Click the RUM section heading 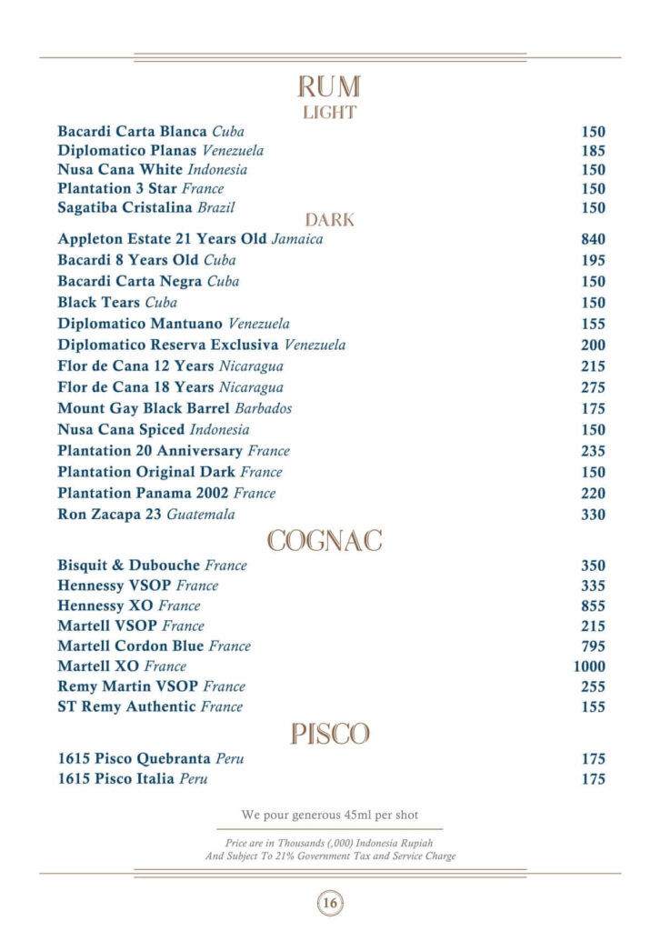pyautogui.click(x=329, y=87)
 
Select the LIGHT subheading pyautogui.click(x=329, y=113)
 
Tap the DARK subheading pyautogui.click(x=330, y=220)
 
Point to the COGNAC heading pyautogui.click(x=325, y=541)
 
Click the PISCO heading pyautogui.click(x=330, y=734)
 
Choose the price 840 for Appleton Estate pyautogui.click(x=593, y=240)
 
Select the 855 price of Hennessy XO pyautogui.click(x=593, y=606)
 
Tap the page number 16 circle pyautogui.click(x=330, y=903)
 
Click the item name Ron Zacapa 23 pyautogui.click(x=110, y=515)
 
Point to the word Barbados pyautogui.click(x=264, y=409)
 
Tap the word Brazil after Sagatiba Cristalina pyautogui.click(x=216, y=208)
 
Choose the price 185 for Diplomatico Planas pyautogui.click(x=593, y=151)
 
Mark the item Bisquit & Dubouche pyautogui.click(x=129, y=566)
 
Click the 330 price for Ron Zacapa pyautogui.click(x=593, y=515)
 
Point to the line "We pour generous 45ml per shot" pyautogui.click(x=329, y=815)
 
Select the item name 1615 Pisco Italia pyautogui.click(x=116, y=779)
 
